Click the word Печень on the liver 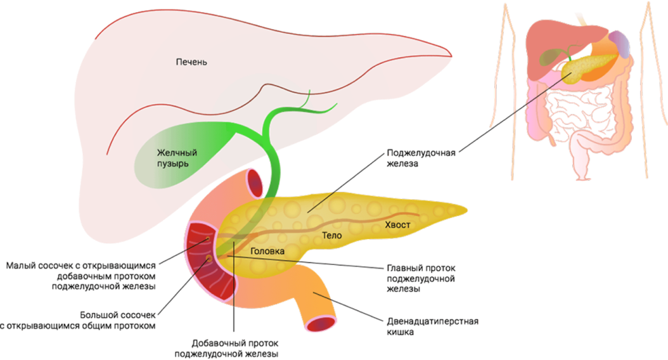tap(191, 63)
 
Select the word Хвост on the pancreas tap(398, 226)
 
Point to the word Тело tap(331, 236)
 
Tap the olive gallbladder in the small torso tap(549, 57)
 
